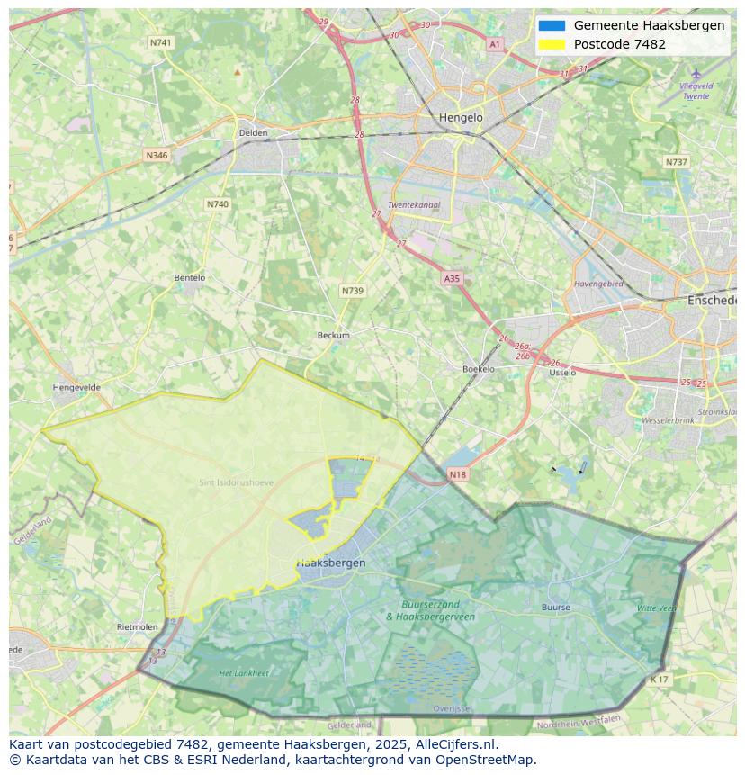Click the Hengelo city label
click(x=461, y=117)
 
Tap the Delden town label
click(x=253, y=132)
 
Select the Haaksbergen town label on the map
click(x=331, y=563)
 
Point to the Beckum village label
click(x=333, y=335)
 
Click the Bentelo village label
click(x=189, y=278)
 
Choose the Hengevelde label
click(x=77, y=387)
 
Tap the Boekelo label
click(x=479, y=369)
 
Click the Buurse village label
click(x=556, y=608)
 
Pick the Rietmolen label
click(x=137, y=626)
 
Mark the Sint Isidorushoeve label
click(x=236, y=482)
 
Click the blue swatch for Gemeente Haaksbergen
click(x=552, y=25)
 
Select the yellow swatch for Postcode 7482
click(x=552, y=44)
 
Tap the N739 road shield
click(x=353, y=291)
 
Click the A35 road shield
click(x=452, y=279)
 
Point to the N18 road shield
click(x=457, y=474)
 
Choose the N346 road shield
click(x=157, y=155)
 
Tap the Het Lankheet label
click(x=244, y=672)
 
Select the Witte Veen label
click(x=656, y=608)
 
